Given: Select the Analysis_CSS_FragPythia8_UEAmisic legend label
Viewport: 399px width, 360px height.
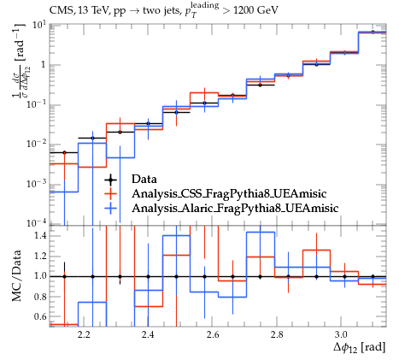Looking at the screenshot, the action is (229, 193).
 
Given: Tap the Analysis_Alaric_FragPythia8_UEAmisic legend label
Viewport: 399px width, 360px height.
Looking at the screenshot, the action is (235, 208).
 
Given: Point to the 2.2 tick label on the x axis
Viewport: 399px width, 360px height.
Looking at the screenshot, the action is (84, 334).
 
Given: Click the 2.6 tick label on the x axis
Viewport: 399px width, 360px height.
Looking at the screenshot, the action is (213, 334).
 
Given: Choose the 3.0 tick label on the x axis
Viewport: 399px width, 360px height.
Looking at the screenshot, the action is (341, 334).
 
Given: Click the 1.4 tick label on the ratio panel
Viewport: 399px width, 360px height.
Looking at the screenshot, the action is (40, 235).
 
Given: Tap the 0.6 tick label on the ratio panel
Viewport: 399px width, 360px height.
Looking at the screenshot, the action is (40, 316).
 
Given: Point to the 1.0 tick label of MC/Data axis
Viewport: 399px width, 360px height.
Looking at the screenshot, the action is (40, 276).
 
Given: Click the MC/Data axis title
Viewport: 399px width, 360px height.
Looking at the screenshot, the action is (16, 275).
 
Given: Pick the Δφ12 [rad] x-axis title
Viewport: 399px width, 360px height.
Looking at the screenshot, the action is (360, 348).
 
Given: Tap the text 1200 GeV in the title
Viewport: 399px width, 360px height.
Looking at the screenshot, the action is (255, 10).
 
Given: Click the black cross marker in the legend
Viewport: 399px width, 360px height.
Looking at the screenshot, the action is (111, 180).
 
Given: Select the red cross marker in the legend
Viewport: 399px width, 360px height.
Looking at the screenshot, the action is (111, 194).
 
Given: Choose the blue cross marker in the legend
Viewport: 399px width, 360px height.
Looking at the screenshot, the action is (111, 209).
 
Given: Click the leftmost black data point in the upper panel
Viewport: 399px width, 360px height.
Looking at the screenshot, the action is (64, 153).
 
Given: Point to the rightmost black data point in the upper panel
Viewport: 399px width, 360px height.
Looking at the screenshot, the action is (373, 32).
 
